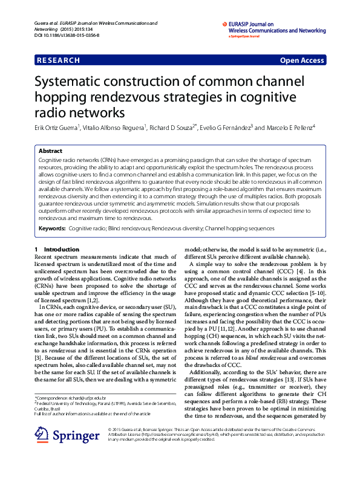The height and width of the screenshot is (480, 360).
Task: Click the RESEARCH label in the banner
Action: tap(58, 60)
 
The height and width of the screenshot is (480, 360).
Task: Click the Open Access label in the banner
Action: tap(301, 60)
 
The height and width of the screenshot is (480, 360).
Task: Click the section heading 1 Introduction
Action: tap(57, 250)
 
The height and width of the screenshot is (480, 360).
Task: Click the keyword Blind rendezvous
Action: tap(128, 229)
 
